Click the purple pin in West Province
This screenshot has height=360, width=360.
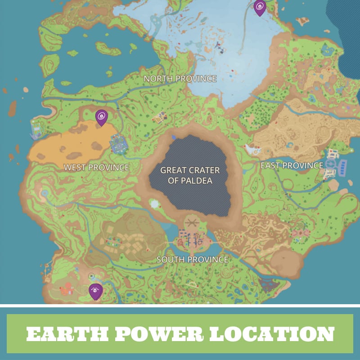pyautogui.click(x=102, y=117)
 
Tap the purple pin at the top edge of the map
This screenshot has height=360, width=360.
pyautogui.click(x=260, y=7)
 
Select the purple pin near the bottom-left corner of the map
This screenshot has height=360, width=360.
pyautogui.click(x=95, y=291)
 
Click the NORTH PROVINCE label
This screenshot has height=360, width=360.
pyautogui.click(x=180, y=79)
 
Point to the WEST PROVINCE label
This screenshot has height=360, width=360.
pyautogui.click(x=96, y=167)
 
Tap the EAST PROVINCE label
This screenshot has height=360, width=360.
pyautogui.click(x=292, y=166)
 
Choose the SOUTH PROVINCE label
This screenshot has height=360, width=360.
pyautogui.click(x=192, y=260)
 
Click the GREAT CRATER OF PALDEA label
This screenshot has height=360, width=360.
pyautogui.click(x=190, y=175)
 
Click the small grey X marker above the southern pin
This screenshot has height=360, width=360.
pyautogui.click(x=91, y=276)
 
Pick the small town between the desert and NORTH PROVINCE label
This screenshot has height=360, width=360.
pyautogui.click(x=159, y=118)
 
